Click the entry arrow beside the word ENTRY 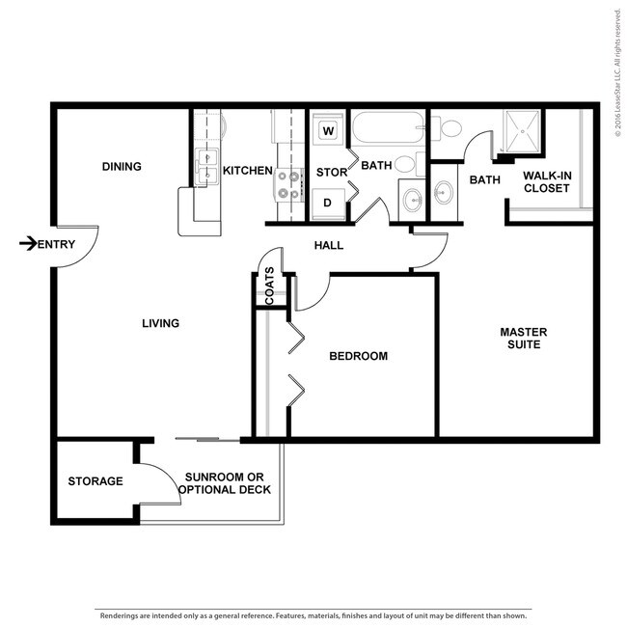coord(28,243)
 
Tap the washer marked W coord(328,130)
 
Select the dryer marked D coord(328,204)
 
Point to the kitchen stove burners coord(288,185)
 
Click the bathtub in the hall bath coord(388,127)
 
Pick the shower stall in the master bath coord(522,131)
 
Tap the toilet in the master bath coord(447,128)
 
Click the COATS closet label coord(269,286)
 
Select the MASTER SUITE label coord(524,338)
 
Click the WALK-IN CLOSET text coord(547,181)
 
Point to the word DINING coord(122,166)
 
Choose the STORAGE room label coord(95,481)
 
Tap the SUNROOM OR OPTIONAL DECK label coord(225,483)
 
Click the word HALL coord(329,245)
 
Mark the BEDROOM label coord(358,356)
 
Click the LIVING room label coord(160,323)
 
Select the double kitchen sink coord(206,167)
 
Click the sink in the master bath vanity coord(444,192)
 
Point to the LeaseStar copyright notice coord(618,72)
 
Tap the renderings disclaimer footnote coord(313,615)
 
